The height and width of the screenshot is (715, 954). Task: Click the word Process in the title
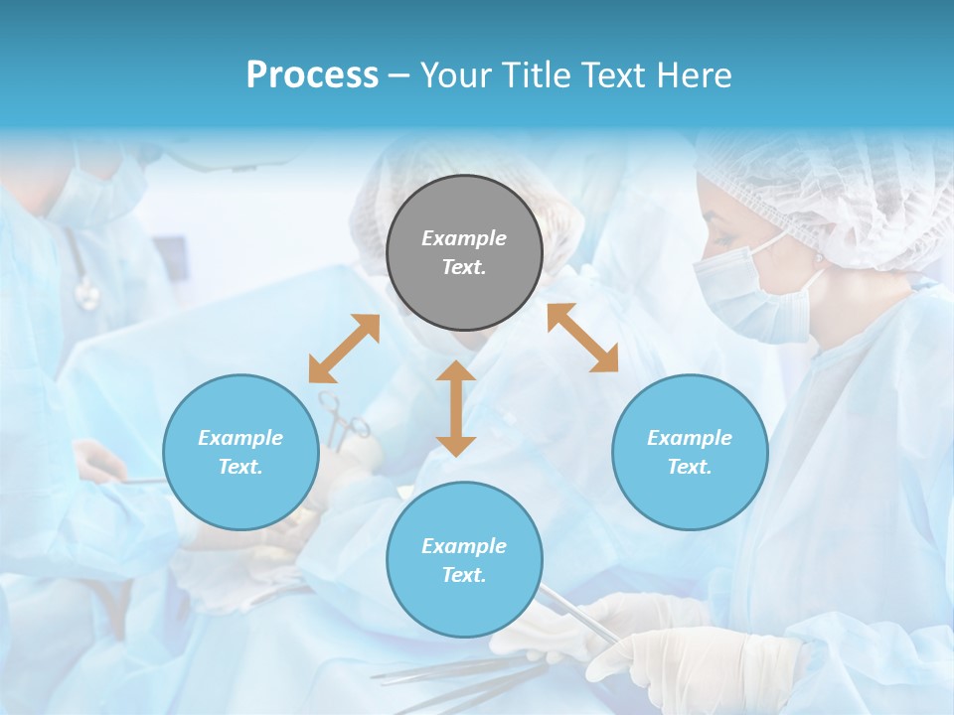312,75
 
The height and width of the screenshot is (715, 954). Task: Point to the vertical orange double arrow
456,408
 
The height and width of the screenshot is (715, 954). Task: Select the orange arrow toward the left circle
344,349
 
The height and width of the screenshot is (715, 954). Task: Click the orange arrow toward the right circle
583,338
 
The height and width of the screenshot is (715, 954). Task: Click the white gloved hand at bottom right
696,655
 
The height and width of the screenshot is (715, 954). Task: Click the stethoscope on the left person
85,288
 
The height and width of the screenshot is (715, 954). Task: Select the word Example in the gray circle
464,238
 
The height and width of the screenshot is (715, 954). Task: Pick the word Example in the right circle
690,438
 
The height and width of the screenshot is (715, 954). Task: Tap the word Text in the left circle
239,467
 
